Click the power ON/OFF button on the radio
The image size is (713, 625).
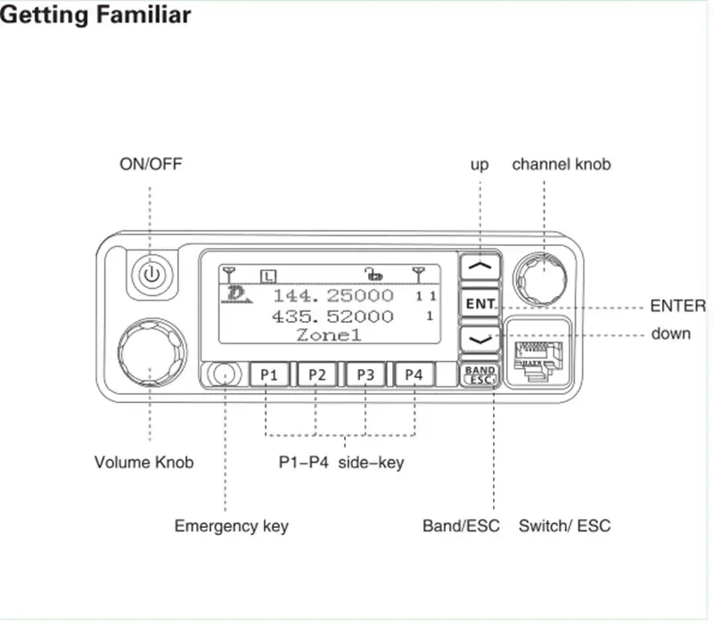point(151,274)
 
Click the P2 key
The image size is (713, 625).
point(316,374)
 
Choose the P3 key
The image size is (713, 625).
point(365,374)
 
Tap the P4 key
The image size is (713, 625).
point(414,374)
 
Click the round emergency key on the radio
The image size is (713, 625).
point(225,374)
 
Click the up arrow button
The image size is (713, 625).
point(479,266)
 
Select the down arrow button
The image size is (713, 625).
point(479,339)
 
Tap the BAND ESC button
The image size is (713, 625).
point(479,374)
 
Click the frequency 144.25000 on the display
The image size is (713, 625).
point(332,295)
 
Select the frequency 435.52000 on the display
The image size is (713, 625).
point(332,316)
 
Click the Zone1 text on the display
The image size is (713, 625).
point(329,335)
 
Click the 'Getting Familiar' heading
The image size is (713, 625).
point(96,16)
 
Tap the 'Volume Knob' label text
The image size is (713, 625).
point(143,463)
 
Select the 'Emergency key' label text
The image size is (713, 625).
point(231,526)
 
